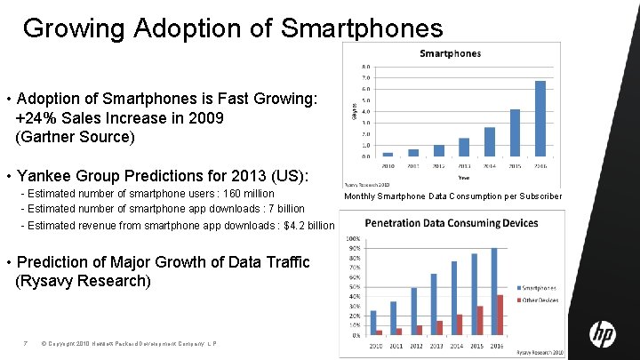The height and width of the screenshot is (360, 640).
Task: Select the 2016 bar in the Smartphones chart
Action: pyautogui.click(x=540, y=119)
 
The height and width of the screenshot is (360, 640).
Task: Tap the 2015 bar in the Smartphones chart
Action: pyautogui.click(x=515, y=133)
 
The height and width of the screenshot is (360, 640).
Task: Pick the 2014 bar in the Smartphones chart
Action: pyautogui.click(x=489, y=142)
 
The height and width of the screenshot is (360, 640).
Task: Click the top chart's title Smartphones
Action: pyautogui.click(x=450, y=53)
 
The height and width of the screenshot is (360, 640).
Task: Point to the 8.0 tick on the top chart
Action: pyautogui.click(x=366, y=67)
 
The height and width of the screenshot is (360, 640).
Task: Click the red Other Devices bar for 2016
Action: pyautogui.click(x=500, y=315)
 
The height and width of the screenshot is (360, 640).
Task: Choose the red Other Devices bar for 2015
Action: pyautogui.click(x=480, y=320)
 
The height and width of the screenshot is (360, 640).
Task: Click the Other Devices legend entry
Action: pyautogui.click(x=540, y=300)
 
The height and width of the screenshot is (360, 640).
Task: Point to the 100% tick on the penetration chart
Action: pyautogui.click(x=352, y=239)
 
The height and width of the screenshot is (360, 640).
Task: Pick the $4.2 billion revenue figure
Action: pyautogui.click(x=304, y=225)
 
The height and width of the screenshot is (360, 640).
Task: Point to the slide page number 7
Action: pyautogui.click(x=28, y=344)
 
